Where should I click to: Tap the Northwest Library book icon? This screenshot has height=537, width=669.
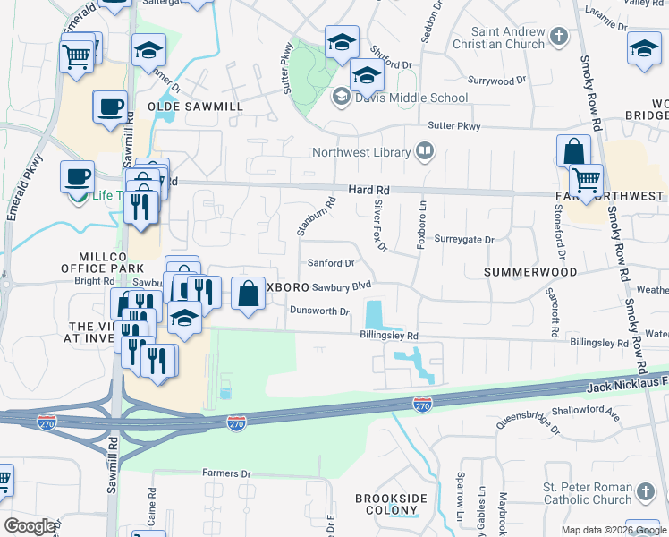[x=425, y=152]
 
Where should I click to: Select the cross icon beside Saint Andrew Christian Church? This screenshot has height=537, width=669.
[x=559, y=38]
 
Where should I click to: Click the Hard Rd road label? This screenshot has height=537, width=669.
[x=368, y=191]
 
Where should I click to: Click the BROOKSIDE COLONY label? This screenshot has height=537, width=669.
[x=391, y=504]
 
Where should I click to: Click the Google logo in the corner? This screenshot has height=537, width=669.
[x=29, y=526]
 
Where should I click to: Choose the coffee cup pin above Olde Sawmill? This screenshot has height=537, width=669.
[x=110, y=108]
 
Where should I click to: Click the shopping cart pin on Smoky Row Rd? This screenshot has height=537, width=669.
[x=586, y=181]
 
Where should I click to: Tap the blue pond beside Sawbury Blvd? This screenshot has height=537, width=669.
[x=372, y=314]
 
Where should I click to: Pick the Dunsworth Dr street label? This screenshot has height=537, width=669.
[x=319, y=311]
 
